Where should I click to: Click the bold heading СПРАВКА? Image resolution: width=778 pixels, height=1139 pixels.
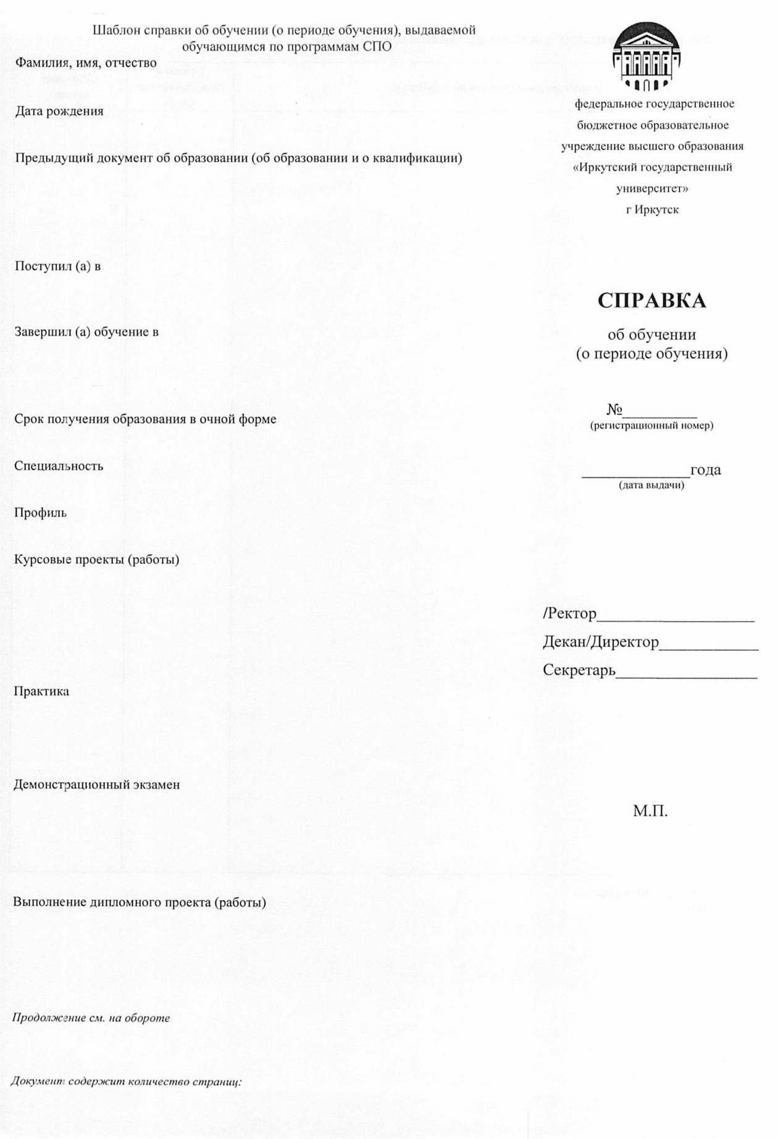click(651, 301)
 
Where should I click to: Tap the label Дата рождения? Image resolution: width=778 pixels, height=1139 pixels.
click(59, 111)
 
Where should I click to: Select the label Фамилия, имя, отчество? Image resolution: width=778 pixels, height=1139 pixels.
click(86, 63)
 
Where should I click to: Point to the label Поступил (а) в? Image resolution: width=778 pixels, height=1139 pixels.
click(57, 266)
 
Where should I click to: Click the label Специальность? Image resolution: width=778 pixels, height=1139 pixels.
click(59, 466)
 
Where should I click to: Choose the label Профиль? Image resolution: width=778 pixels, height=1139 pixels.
click(40, 513)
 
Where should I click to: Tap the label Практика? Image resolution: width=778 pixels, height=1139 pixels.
click(41, 691)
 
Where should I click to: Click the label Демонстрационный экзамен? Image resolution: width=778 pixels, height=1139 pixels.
click(97, 784)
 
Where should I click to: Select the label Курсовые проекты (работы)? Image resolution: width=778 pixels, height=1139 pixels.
click(97, 560)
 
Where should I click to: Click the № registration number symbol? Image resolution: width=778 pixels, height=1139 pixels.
click(614, 410)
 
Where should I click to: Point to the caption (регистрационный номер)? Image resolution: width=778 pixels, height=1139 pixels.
click(651, 426)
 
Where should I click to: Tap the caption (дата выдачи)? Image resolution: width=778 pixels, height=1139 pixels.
click(651, 485)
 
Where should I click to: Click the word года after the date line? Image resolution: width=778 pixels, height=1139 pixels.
click(705, 470)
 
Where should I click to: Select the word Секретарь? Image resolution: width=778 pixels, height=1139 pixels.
click(579, 670)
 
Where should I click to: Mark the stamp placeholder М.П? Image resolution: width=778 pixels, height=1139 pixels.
click(650, 811)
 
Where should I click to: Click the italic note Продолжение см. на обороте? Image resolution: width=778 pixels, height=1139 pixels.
click(91, 1017)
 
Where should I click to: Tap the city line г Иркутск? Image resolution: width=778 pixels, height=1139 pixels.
click(652, 209)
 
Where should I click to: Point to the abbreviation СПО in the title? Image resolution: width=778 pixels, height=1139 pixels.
click(377, 46)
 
